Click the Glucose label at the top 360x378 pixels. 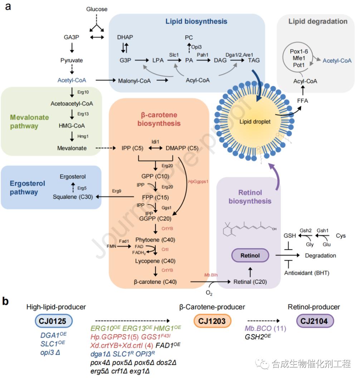pos(97,9)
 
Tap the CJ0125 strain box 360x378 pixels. pos(54,321)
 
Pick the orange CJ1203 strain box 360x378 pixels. pos(212,321)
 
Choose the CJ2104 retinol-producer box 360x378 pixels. pos(315,321)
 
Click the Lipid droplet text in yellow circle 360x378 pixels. pos(255,122)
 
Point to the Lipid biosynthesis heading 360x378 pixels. pos(196,21)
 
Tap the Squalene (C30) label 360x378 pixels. pos(71,197)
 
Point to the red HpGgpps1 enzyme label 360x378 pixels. pos(198,182)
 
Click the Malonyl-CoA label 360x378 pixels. pos(135,81)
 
